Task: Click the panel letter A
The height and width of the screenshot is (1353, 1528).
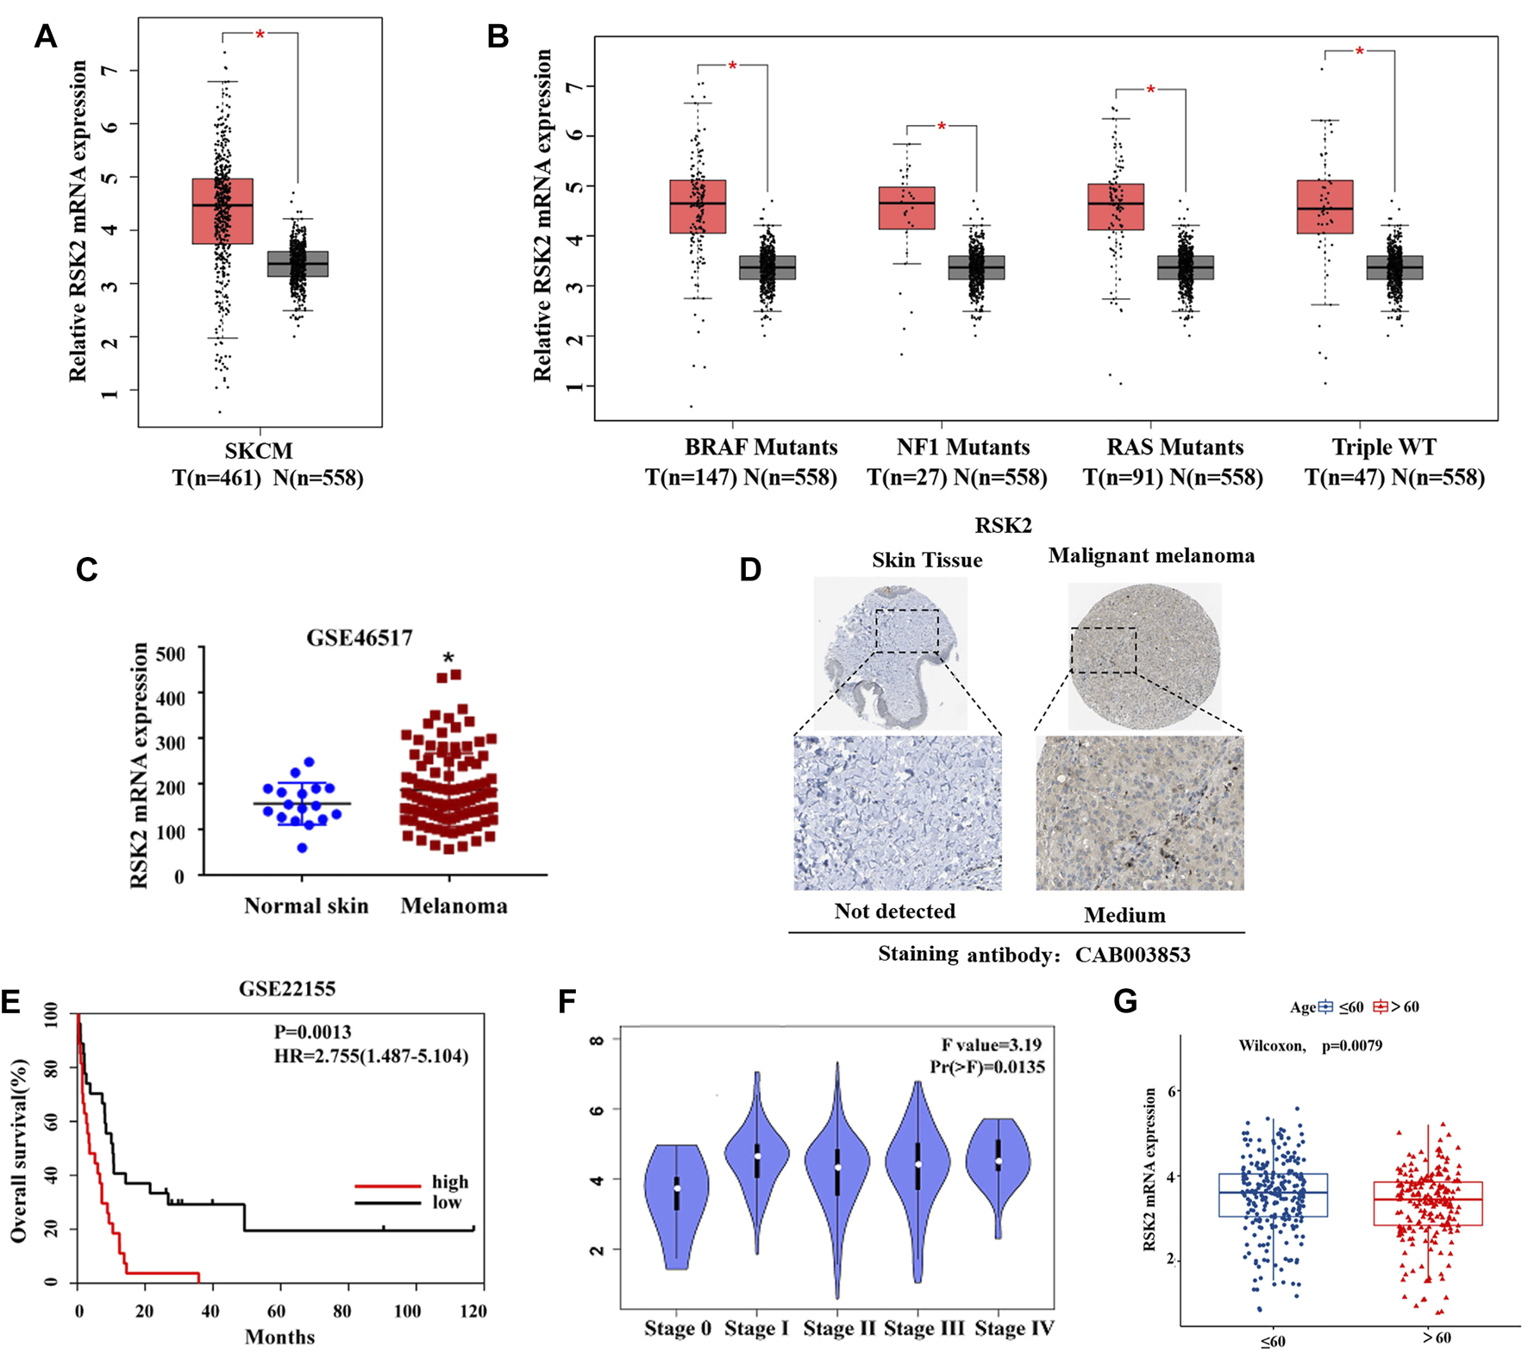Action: click(x=46, y=37)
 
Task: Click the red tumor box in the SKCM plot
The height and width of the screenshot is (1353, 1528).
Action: click(x=222, y=211)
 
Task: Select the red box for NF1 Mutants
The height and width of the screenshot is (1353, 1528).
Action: click(x=906, y=208)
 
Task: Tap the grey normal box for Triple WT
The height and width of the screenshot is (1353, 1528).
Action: click(x=1394, y=267)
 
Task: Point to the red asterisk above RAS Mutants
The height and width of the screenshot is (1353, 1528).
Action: click(x=1150, y=91)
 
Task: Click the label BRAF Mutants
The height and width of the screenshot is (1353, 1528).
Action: click(x=761, y=447)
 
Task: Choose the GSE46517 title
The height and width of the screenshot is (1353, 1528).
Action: click(x=360, y=637)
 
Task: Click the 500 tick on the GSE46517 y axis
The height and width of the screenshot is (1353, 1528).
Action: click(x=171, y=653)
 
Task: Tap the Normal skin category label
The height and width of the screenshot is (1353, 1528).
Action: click(x=306, y=905)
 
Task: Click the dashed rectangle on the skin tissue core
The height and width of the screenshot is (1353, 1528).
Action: click(x=906, y=630)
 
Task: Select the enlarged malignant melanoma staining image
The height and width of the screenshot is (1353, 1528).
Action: click(x=1139, y=812)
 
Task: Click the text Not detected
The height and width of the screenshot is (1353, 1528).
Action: click(x=894, y=911)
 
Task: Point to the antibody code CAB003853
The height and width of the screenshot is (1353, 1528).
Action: click(x=1132, y=955)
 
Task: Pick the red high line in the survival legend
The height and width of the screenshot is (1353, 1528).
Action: click(x=388, y=1186)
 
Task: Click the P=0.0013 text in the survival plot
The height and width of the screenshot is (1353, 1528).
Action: click(x=312, y=1031)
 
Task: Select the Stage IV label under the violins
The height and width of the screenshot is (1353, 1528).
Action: click(x=1014, y=1329)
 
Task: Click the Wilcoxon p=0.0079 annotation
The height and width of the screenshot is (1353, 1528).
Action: click(x=1310, y=1046)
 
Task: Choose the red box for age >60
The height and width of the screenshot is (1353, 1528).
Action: click(x=1428, y=1203)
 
